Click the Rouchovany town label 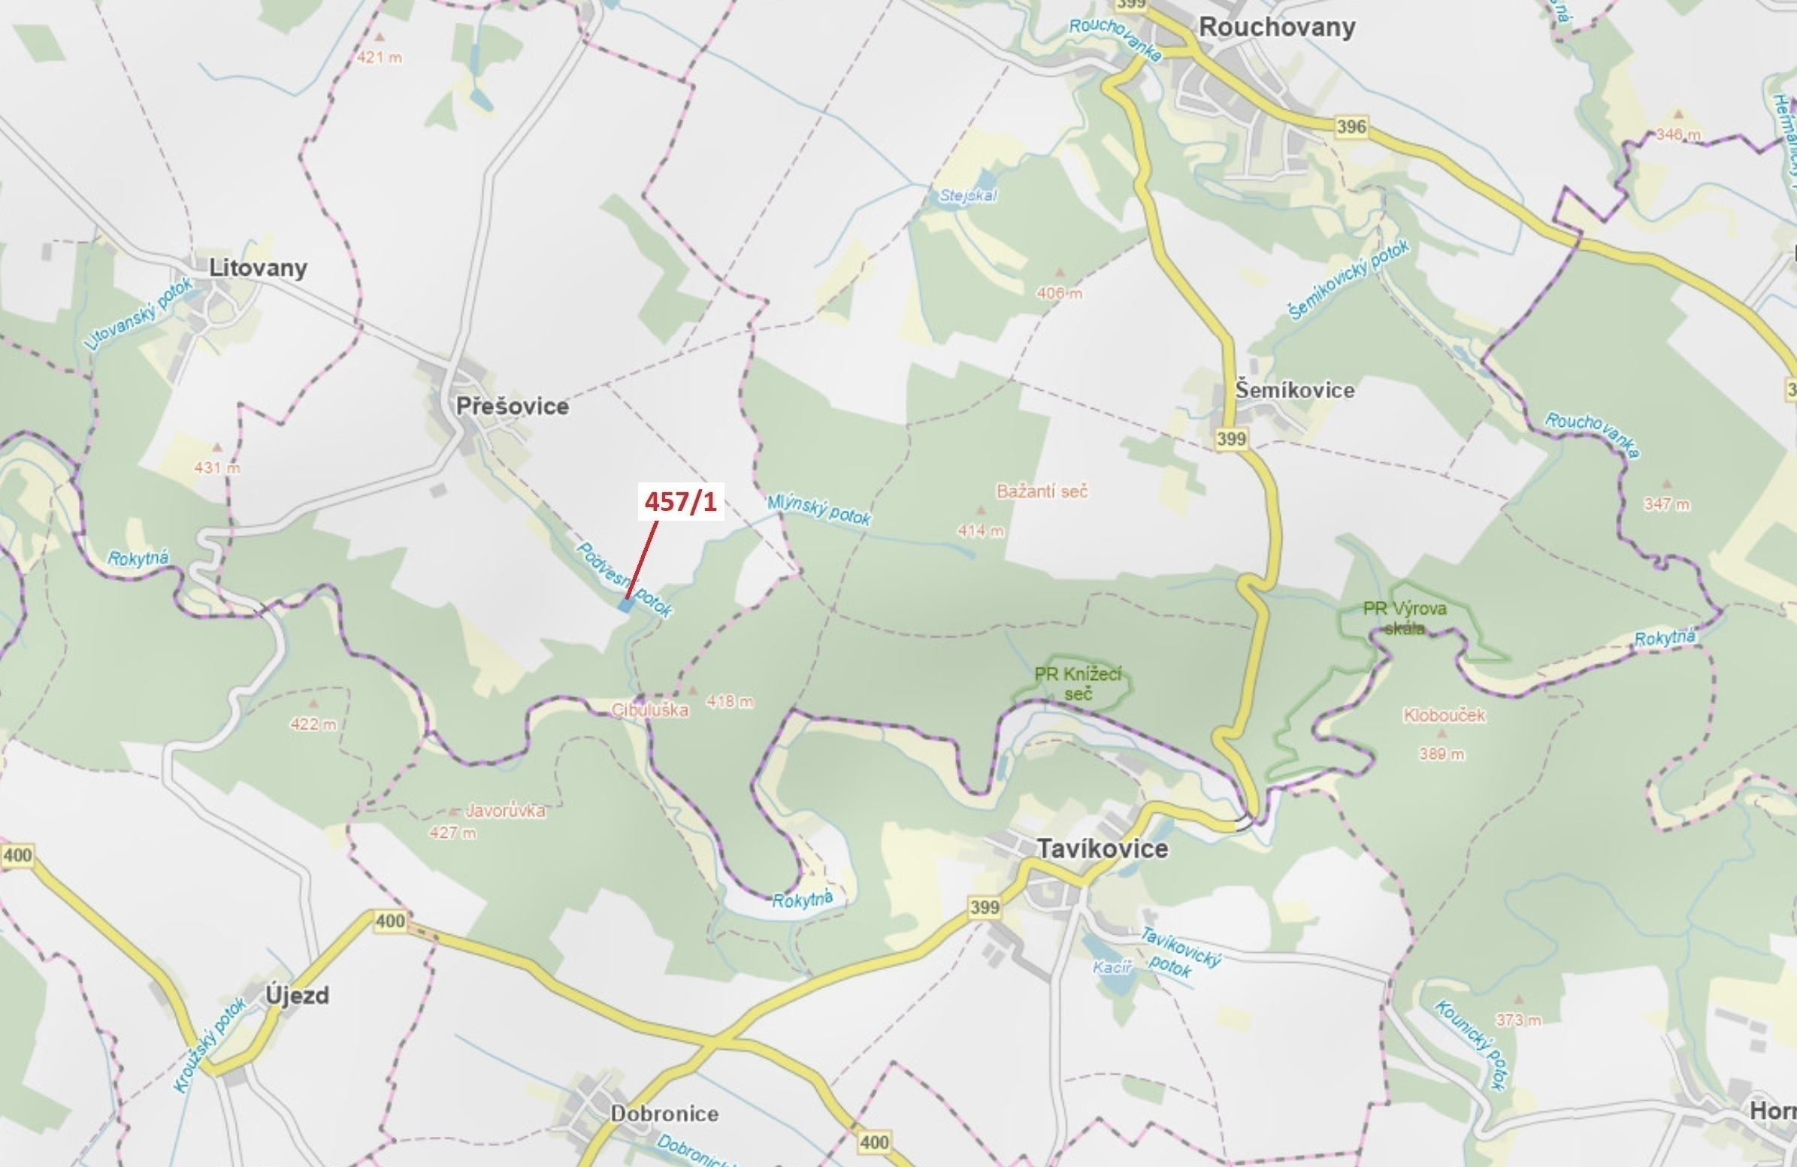pos(1277,28)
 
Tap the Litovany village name pos(258,268)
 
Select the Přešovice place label pos(512,406)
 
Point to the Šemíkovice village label pos(1294,390)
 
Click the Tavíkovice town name pos(1102,848)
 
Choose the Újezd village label pos(298,996)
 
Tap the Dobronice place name pos(664,1114)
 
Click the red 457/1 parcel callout pos(680,502)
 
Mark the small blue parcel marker pos(625,606)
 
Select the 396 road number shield pos(1351,126)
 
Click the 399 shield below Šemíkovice pos(1231,439)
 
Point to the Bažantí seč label pos(1042,491)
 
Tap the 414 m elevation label pos(981,531)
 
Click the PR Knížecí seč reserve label pos(1078,683)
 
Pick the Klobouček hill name pos(1444,715)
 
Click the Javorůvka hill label pos(505,812)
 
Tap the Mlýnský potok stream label pos(819,510)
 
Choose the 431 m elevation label pos(216,468)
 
